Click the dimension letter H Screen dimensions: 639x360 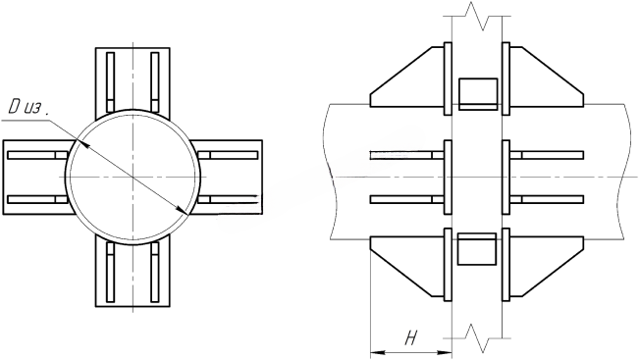(410, 337)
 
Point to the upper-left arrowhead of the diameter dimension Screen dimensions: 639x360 (80, 142)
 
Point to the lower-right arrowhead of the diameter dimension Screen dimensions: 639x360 (182, 210)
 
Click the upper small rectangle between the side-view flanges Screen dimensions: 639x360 (478, 94)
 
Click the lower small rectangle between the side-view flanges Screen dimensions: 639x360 (477, 249)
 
